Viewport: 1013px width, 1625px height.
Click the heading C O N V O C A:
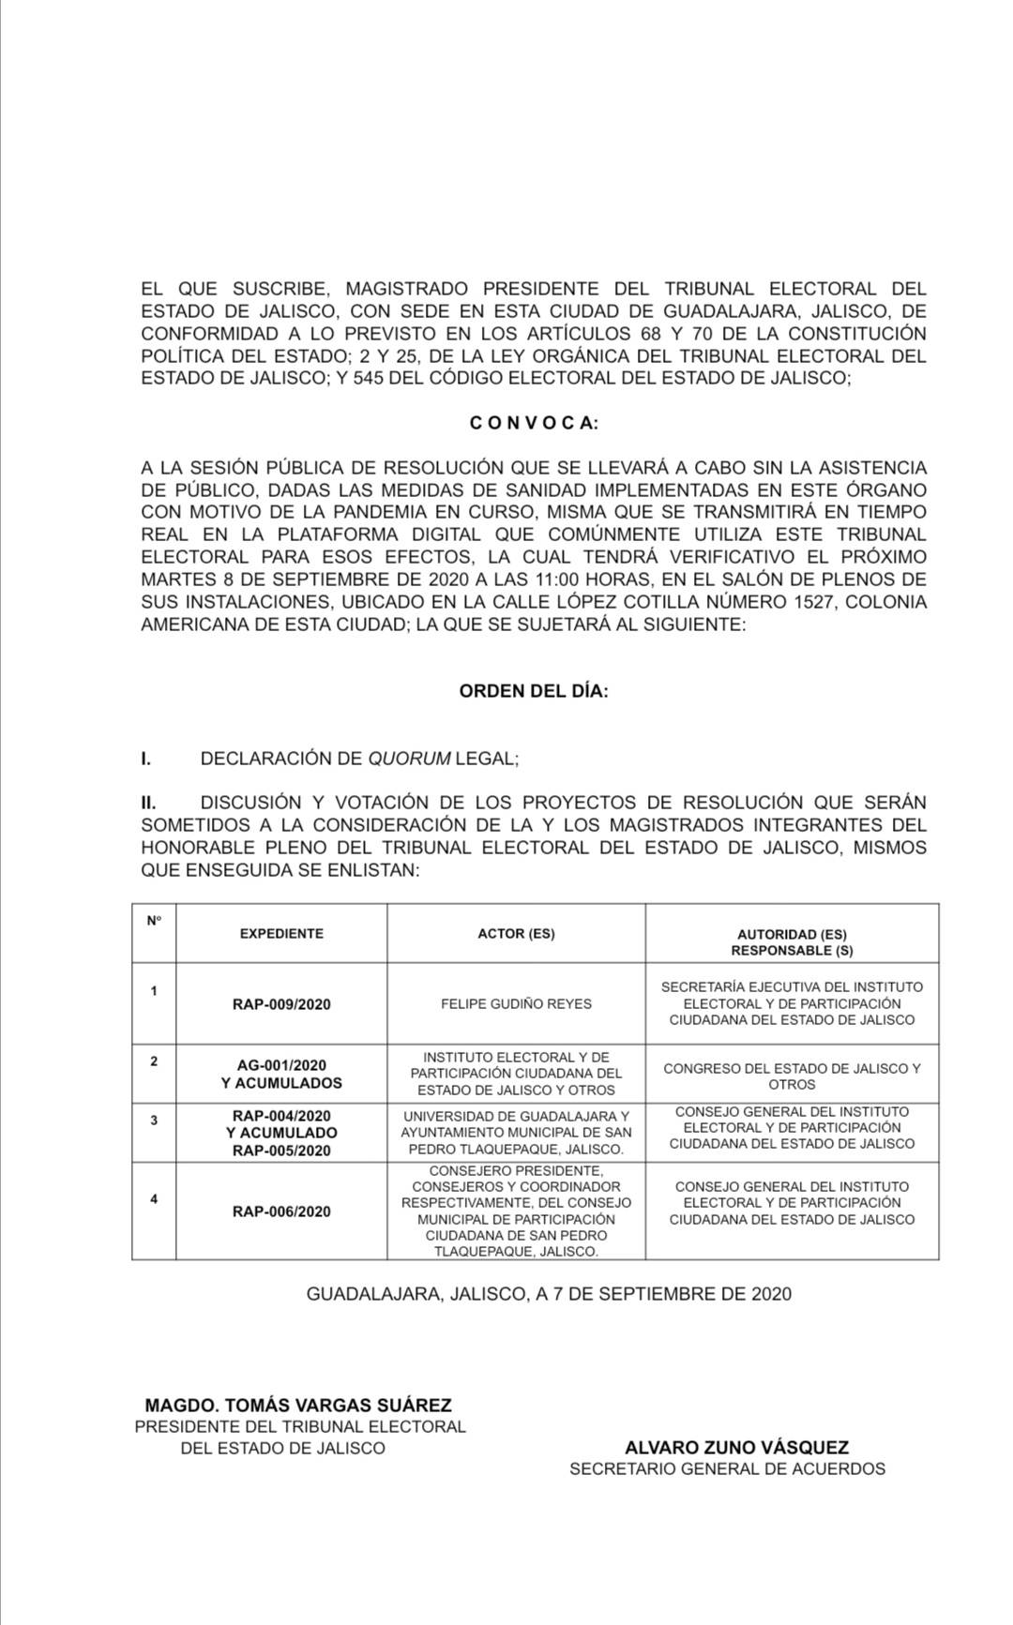[534, 423]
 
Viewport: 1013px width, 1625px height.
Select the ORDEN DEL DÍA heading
[534, 691]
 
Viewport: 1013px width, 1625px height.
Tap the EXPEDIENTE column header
[281, 934]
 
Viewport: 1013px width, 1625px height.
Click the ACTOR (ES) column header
[516, 934]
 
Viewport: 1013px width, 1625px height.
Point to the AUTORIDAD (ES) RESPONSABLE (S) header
[792, 942]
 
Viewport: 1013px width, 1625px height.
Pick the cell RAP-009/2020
[281, 1004]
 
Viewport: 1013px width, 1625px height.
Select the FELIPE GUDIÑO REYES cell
[516, 1003]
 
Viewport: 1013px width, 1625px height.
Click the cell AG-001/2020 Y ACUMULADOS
[281, 1074]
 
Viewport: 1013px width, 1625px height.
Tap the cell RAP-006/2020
[281, 1211]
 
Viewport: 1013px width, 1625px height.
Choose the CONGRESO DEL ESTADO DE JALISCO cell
[792, 1076]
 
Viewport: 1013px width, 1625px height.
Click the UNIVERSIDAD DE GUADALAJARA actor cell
[516, 1133]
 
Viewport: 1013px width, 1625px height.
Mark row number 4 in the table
[154, 1199]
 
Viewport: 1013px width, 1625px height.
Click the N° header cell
[154, 921]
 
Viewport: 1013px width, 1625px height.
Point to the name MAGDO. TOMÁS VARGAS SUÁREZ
[298, 1405]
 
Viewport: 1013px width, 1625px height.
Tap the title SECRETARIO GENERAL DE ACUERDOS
[727, 1468]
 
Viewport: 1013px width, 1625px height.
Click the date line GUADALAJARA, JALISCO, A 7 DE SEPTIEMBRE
[549, 1294]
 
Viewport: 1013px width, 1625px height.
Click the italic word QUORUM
[409, 759]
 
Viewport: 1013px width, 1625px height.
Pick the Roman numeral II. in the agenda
[148, 803]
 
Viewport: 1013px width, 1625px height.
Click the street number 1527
[809, 602]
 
